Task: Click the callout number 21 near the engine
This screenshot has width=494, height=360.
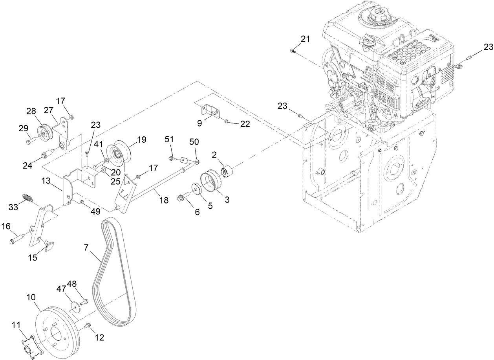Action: (x=305, y=39)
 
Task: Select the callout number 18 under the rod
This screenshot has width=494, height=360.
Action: (x=164, y=200)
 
